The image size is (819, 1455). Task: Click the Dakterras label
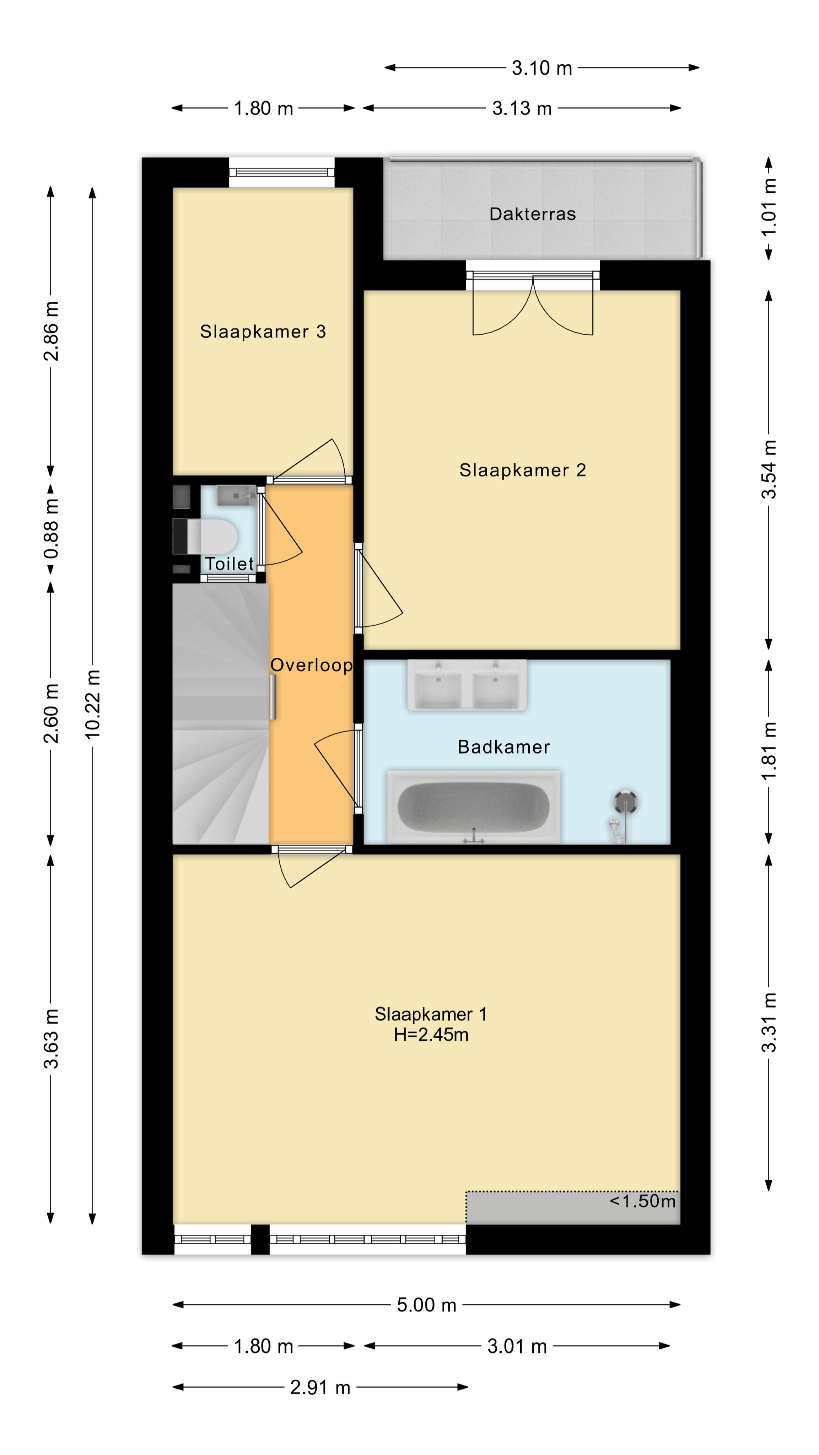pyautogui.click(x=532, y=214)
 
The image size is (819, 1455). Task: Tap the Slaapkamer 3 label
pyautogui.click(x=263, y=332)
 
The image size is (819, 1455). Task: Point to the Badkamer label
pyautogui.click(x=504, y=747)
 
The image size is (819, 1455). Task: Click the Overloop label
pyautogui.click(x=311, y=665)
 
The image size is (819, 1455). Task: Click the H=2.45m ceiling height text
pyautogui.click(x=431, y=1035)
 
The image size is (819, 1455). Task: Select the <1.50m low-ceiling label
pyautogui.click(x=643, y=1200)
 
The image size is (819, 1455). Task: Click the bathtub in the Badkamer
pyautogui.click(x=473, y=807)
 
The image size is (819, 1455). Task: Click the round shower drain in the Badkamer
pyautogui.click(x=625, y=801)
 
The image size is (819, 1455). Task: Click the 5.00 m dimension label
pyautogui.click(x=426, y=1305)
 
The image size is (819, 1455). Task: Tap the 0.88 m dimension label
pyautogui.click(x=51, y=529)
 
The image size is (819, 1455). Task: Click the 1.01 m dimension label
pyautogui.click(x=769, y=207)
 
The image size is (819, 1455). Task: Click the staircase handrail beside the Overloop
pyautogui.click(x=273, y=697)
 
